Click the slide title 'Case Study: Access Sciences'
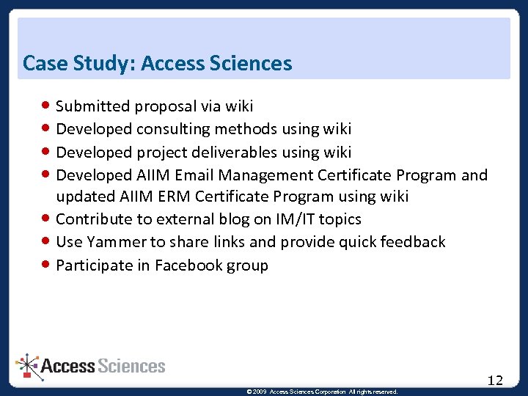(x=157, y=64)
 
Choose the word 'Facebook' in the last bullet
(x=189, y=265)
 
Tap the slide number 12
(x=495, y=380)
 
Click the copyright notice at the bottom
(x=323, y=392)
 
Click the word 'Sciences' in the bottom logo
(x=131, y=366)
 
